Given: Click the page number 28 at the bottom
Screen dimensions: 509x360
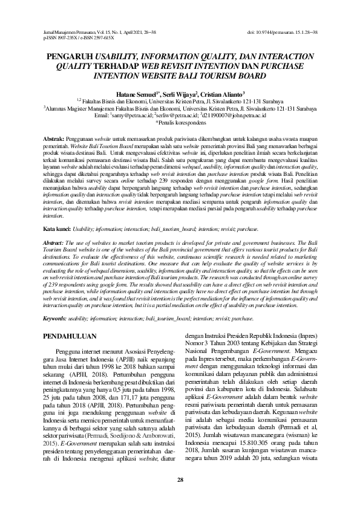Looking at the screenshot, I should click(x=180, y=480).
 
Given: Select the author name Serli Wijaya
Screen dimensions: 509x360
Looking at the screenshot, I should click(x=178, y=94).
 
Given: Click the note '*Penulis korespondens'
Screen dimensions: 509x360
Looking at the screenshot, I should click(x=180, y=122).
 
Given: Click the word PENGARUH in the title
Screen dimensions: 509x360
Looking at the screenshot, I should click(x=71, y=54).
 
